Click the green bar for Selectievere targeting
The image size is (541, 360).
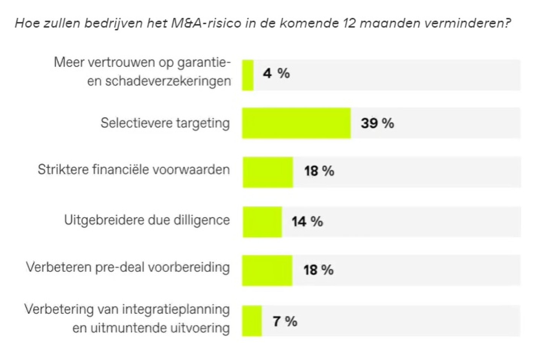(296, 123)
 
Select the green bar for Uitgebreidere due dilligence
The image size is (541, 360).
(262, 222)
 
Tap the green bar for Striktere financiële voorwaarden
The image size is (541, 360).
(267, 172)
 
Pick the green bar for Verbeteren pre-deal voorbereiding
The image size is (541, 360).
(267, 270)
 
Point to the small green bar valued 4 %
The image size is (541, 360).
(248, 75)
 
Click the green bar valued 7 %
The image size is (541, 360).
(252, 321)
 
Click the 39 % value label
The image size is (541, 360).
(377, 123)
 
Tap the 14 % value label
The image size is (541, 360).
(307, 222)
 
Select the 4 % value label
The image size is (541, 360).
(276, 73)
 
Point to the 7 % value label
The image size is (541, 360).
(285, 321)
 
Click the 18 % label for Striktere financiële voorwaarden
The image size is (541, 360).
(319, 171)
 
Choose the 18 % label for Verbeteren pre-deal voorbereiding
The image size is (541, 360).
(318, 270)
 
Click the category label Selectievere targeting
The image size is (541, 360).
(165, 123)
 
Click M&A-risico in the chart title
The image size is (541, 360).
(206, 23)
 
